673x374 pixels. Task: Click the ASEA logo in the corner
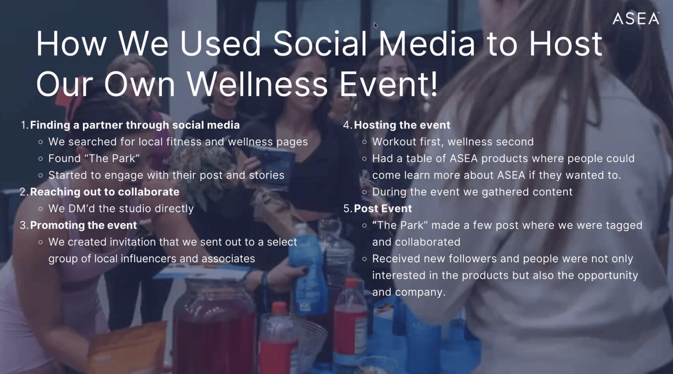636,19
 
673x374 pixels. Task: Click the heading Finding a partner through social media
135,125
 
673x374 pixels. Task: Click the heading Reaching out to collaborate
105,192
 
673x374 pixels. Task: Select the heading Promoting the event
83,225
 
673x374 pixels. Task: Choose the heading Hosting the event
402,125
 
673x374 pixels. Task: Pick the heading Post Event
383,209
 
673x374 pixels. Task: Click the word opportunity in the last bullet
608,275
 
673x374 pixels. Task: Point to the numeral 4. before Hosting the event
348,125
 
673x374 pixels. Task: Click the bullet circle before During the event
364,192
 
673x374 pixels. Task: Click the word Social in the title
320,44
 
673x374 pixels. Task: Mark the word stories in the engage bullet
267,175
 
